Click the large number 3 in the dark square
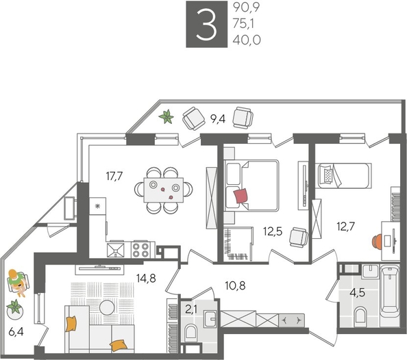point(205,25)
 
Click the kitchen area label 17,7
point(115,176)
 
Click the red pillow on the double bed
point(241,196)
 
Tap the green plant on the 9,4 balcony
point(166,118)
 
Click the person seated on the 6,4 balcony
point(17,281)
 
